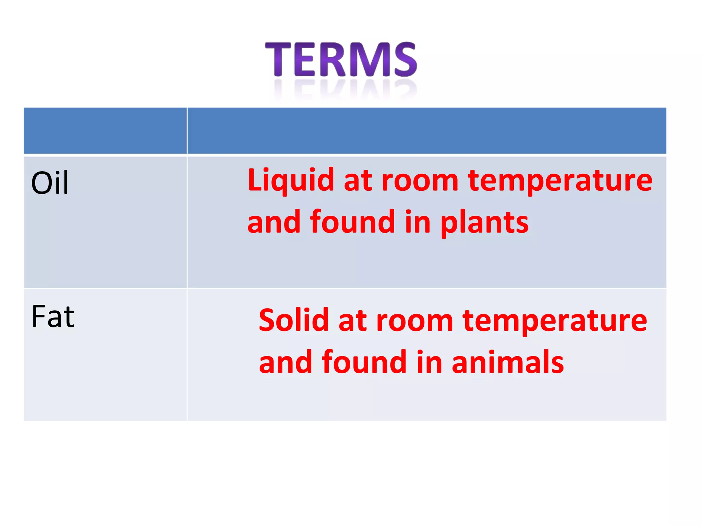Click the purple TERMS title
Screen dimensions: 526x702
(x=341, y=60)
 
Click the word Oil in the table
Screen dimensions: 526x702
(x=50, y=183)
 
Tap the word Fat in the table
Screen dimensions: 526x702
(x=53, y=317)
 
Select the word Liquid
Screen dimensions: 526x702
(x=291, y=181)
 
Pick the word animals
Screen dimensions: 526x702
(x=508, y=362)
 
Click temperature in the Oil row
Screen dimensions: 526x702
(x=560, y=181)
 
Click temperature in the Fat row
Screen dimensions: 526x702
(x=555, y=321)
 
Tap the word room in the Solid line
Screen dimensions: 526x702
(x=415, y=321)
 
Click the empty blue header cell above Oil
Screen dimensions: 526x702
(x=105, y=130)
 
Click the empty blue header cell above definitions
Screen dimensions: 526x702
(x=427, y=130)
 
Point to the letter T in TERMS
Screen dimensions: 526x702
(x=278, y=59)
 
